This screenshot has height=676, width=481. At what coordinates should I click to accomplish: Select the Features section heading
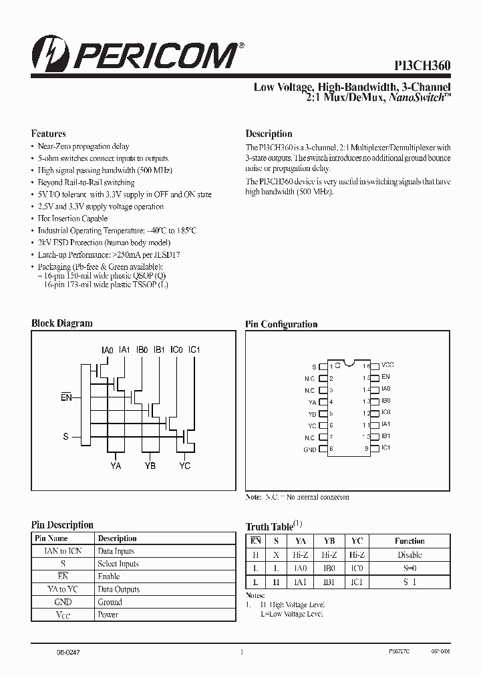point(48,134)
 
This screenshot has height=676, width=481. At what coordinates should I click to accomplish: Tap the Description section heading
point(269,134)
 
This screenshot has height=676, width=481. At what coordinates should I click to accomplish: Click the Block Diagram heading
point(61,323)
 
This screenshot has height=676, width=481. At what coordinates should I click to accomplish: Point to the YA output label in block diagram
point(116,466)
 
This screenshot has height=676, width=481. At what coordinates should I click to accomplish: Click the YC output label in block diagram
point(184,466)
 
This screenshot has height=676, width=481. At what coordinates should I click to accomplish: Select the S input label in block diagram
point(65,436)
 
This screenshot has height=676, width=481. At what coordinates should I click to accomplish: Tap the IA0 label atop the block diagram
point(107,350)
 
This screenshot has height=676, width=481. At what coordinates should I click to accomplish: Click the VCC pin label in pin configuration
point(387,366)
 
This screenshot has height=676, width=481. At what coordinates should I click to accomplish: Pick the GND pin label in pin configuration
point(310,450)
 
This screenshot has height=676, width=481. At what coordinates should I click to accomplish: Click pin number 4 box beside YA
point(324,402)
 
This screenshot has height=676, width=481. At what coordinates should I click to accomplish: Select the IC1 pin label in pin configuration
point(385,448)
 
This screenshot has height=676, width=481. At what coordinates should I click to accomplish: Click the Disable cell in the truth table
point(409,554)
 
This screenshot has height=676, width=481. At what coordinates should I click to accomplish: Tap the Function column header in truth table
point(409,541)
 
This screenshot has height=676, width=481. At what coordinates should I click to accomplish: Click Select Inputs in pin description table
point(118,564)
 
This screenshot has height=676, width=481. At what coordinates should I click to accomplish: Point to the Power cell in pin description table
point(108,615)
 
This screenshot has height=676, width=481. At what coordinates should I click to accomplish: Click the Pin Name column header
point(51,538)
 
